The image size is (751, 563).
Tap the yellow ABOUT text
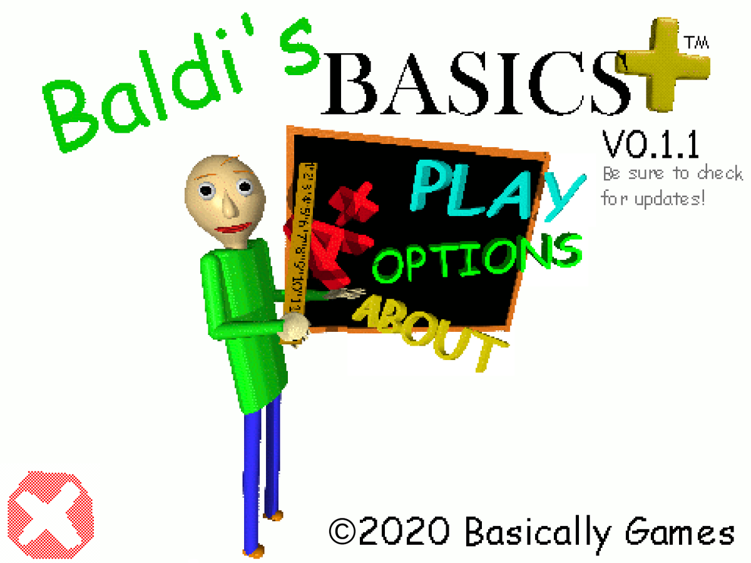[432, 329]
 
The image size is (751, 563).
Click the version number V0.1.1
[651, 145]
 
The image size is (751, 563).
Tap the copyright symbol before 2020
[341, 532]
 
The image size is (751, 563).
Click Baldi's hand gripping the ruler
[294, 329]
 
